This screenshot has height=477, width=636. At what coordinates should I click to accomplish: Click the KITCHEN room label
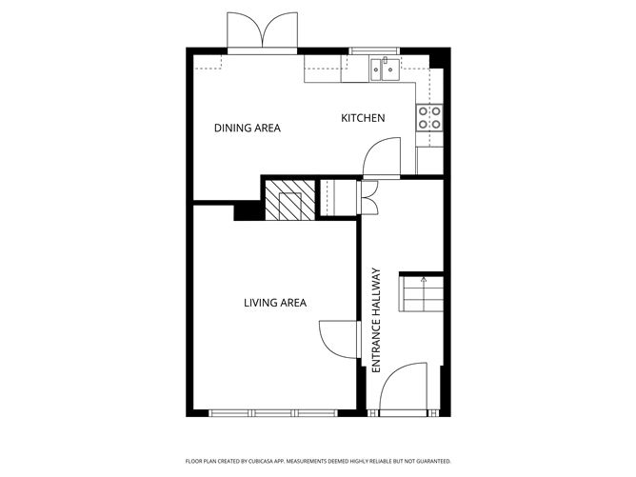363,118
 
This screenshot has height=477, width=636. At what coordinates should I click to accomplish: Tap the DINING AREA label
247,129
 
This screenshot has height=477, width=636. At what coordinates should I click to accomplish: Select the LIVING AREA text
275,303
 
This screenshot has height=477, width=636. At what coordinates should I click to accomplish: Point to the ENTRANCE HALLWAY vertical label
376,320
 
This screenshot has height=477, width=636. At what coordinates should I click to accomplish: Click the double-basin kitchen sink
385,70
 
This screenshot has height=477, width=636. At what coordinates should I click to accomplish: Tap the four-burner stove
429,117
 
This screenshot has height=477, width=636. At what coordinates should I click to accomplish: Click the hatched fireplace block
289,200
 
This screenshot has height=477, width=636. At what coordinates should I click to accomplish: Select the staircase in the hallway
421,294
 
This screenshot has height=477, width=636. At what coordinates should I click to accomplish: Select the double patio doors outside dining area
263,33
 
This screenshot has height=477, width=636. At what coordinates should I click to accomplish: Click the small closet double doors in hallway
370,197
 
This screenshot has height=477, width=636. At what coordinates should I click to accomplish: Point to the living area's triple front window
273,413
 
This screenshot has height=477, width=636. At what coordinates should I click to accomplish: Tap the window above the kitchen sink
374,50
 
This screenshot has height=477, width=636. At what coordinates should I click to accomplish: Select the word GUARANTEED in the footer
435,461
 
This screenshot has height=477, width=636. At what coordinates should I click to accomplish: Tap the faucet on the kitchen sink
385,60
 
